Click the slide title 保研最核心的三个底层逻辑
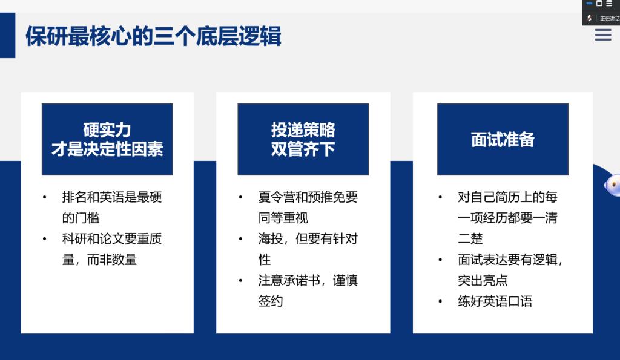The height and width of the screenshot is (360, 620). tap(153, 36)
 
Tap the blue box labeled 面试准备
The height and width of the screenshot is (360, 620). tap(503, 139)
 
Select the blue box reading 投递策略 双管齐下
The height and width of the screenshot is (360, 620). tap(303, 139)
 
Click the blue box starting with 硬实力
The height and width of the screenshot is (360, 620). tap(107, 139)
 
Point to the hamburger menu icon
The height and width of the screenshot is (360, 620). tap(603, 34)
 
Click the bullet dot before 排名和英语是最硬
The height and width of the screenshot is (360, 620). tap(45, 197)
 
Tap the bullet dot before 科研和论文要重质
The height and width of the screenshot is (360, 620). tap(45, 239)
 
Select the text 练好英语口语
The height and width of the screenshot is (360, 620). tap(495, 301)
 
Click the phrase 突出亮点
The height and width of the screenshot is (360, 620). tap(483, 280)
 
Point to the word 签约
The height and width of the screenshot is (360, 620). tap(271, 301)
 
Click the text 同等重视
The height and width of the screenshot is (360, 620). tap(283, 218)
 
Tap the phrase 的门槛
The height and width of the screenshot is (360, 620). tap(81, 218)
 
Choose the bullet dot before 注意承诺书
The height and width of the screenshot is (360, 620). tap(240, 281)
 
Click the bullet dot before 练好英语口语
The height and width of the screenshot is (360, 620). tap(440, 301)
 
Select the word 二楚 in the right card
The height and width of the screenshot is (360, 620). tap(470, 238)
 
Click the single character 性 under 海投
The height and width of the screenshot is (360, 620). tap(265, 260)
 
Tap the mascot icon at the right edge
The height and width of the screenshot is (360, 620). tap(613, 185)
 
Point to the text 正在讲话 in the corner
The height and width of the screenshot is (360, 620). tap(610, 19)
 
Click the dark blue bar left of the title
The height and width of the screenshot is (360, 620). tap(7, 35)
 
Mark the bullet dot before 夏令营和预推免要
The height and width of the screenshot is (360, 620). tap(240, 197)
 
